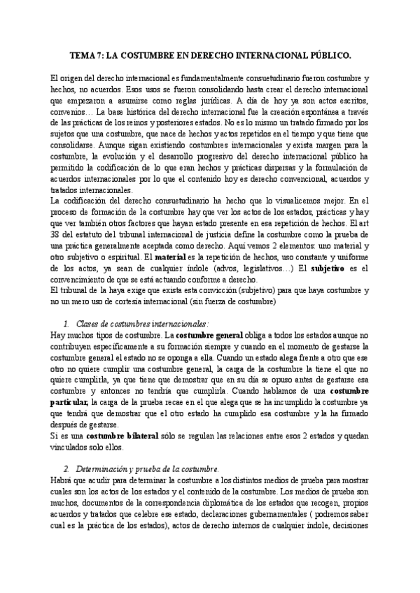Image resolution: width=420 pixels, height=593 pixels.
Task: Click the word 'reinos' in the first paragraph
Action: [164, 122]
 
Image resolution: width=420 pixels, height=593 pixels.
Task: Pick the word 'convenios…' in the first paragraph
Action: [71, 111]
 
